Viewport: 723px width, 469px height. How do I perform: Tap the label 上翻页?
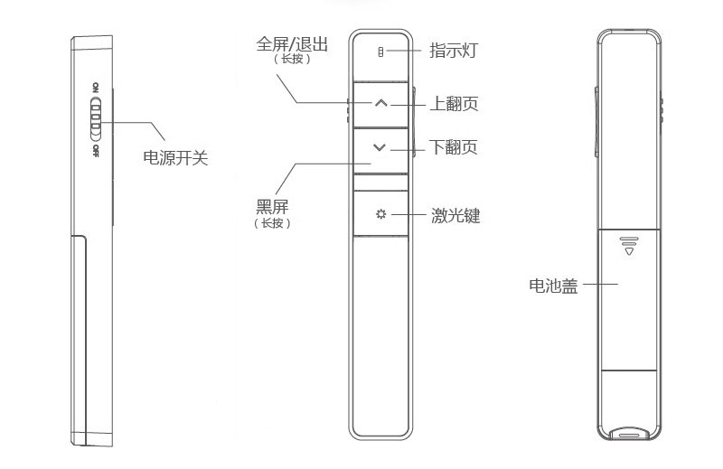(455, 104)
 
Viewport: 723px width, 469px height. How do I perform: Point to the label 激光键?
(455, 216)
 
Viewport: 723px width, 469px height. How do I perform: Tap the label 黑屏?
(273, 206)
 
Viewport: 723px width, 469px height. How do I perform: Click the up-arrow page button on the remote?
(380, 103)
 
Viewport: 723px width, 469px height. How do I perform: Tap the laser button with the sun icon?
(380, 215)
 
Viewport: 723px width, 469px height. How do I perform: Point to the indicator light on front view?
(380, 51)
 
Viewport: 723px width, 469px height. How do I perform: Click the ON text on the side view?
(95, 89)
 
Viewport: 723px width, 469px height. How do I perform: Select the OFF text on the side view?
(95, 149)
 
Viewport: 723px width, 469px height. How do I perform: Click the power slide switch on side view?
(96, 118)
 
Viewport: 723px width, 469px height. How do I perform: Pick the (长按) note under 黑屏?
(274, 222)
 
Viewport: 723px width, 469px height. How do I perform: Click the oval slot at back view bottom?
(630, 433)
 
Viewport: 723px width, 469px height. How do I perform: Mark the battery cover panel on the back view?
(630, 298)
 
